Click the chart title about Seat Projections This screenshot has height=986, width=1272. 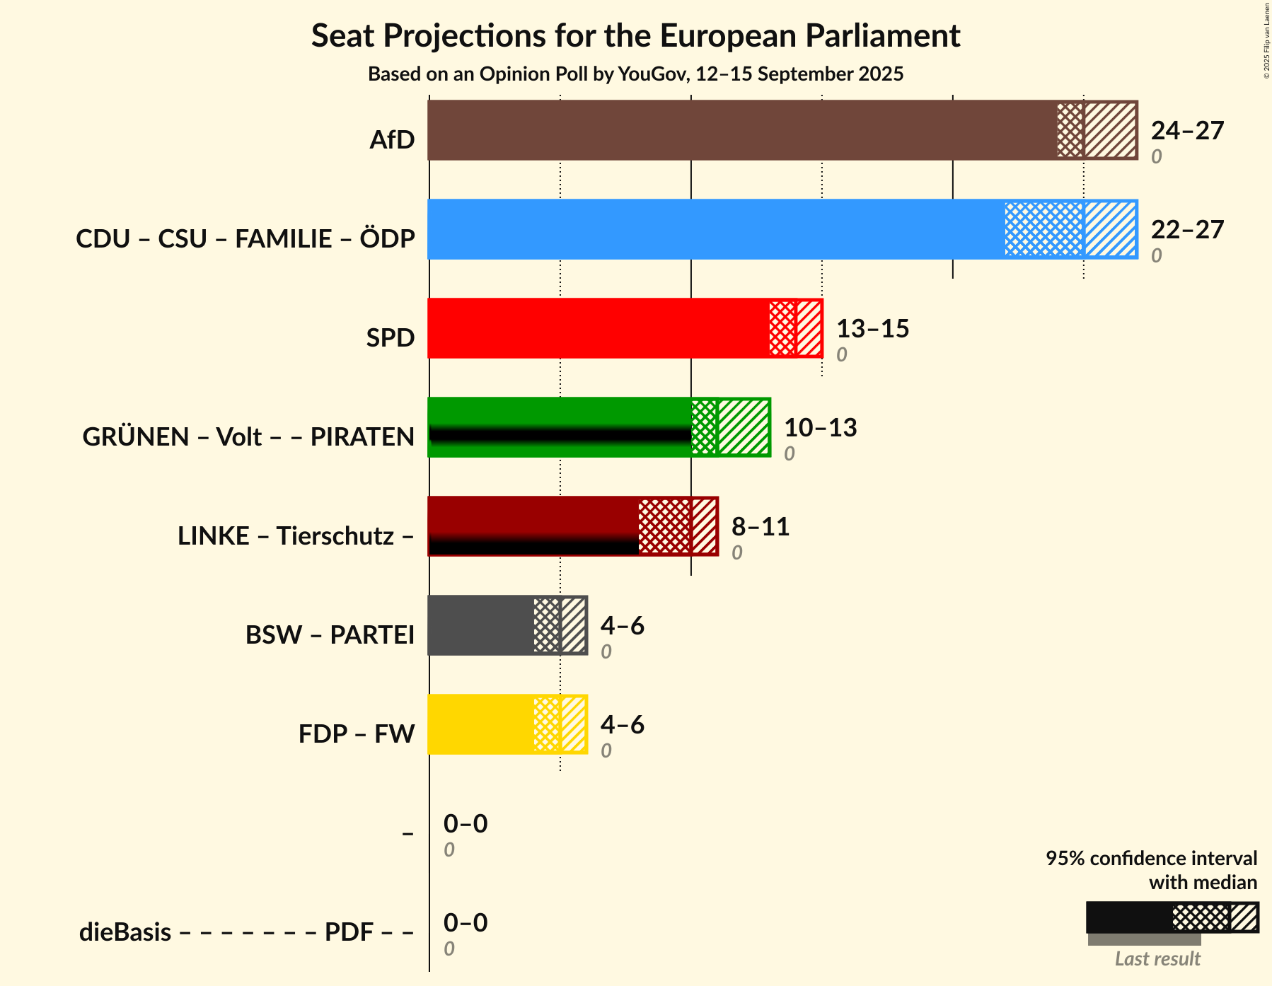[635, 35]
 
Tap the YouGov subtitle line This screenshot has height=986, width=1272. [635, 74]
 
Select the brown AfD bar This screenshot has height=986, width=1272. [782, 130]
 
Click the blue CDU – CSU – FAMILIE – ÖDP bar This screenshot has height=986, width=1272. [782, 229]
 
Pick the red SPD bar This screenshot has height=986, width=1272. [625, 328]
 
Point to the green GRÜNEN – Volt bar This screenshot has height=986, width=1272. [599, 427]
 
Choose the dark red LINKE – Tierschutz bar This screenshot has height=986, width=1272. [572, 526]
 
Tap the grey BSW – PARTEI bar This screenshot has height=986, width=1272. [507, 625]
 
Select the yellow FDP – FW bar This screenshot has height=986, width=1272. [507, 724]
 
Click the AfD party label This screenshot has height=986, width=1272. [392, 140]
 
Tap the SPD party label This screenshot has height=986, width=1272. [391, 338]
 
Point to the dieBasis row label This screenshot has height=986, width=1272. [246, 932]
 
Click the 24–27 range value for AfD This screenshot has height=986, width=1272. [1187, 131]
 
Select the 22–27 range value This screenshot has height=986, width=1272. [1187, 230]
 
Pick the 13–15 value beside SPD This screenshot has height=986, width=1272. [872, 329]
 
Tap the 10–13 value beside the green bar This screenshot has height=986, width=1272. [820, 428]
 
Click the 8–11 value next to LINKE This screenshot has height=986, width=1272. [761, 527]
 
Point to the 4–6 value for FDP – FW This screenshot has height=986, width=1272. [623, 725]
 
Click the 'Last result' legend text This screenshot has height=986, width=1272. [1157, 959]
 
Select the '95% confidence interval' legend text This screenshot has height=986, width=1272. [1151, 859]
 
